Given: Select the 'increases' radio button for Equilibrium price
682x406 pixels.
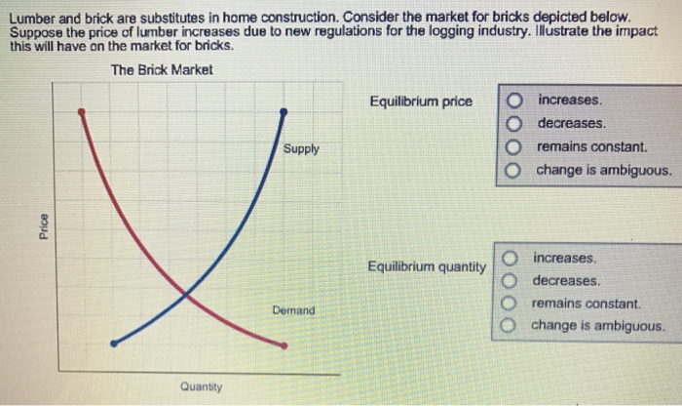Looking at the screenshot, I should point(515,101).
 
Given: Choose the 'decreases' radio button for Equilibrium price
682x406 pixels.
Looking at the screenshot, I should point(515,124).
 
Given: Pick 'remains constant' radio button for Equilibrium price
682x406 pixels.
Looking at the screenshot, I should point(515,147).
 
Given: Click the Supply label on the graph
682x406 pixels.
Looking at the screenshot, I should point(301,149).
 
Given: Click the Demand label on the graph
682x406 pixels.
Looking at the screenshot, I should point(293,310).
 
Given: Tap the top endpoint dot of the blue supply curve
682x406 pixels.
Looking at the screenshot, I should point(284,112).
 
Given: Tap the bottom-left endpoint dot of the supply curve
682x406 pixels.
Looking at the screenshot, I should point(114,344).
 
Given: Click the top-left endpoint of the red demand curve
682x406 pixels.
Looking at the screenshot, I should point(82,112).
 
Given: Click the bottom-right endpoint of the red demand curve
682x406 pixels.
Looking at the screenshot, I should point(284,345).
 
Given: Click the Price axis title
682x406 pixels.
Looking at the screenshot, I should point(41,223).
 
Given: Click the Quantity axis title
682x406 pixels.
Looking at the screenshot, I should point(201,387).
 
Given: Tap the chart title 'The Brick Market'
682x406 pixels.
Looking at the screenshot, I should point(162,70).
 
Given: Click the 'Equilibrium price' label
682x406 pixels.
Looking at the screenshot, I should point(421,101).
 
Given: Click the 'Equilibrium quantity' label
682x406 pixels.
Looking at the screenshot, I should point(427,266).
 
